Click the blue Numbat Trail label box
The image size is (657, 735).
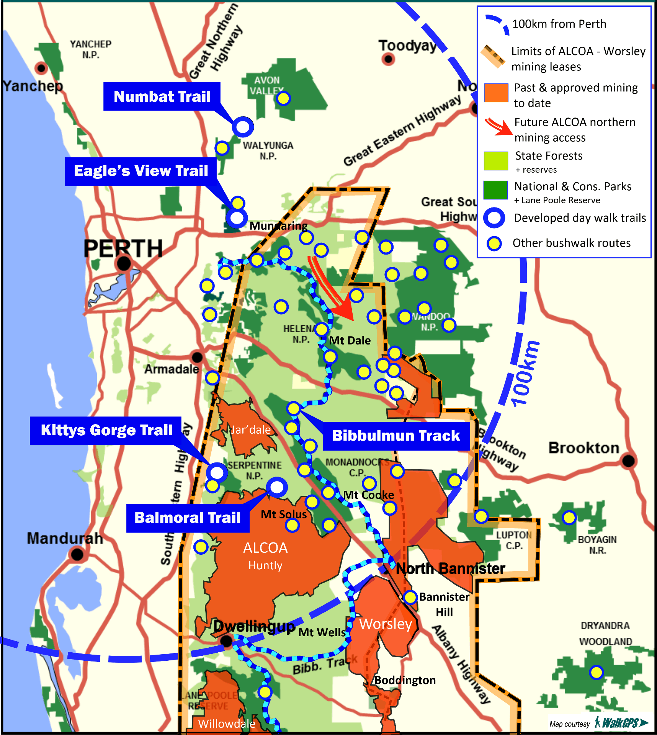pos(162,96)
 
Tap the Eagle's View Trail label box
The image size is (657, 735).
pos(141,171)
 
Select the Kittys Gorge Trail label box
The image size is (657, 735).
pos(106,430)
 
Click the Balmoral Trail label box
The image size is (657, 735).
pos(188,518)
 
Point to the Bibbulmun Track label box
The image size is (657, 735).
pos(396,436)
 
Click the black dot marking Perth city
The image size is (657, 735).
pos(124,263)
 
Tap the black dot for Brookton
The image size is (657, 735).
pos(628,461)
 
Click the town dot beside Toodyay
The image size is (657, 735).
pos(388,59)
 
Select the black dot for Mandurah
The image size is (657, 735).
pos(77,554)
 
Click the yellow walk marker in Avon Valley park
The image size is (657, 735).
pos(283,98)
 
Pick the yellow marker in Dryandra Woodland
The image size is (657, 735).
pos(597,672)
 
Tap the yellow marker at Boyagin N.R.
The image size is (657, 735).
pos(569,518)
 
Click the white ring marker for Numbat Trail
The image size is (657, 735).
pos(243,127)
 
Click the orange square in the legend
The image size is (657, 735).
pos(496,93)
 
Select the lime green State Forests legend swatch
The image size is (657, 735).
pos(496,161)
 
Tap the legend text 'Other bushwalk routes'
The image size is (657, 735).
pos(571,243)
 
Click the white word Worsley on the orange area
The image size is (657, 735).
pos(386,624)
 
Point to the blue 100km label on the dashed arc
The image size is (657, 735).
pos(525,374)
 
